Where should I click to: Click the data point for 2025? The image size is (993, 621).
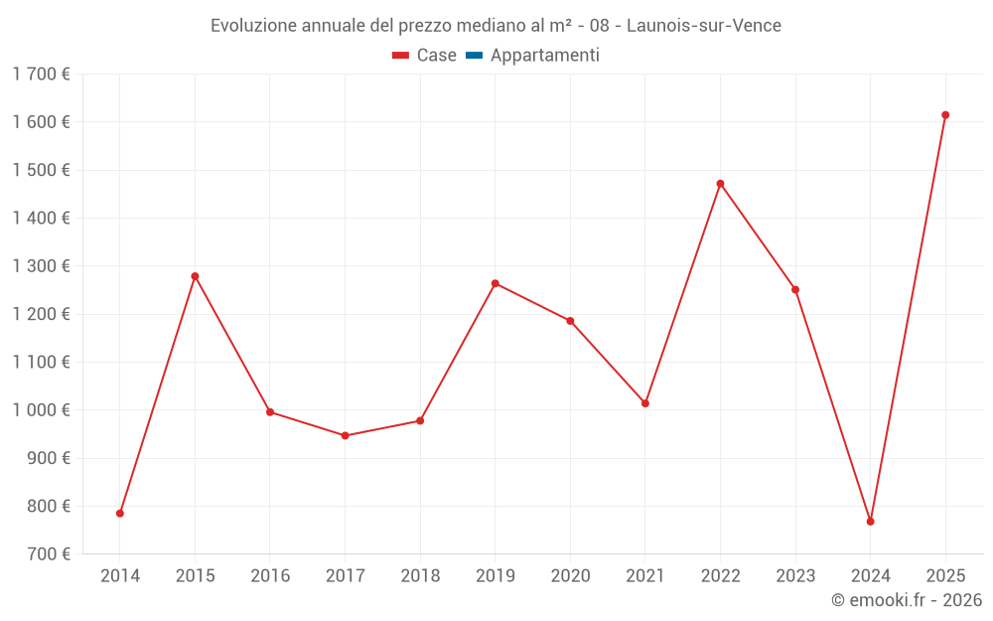pyautogui.click(x=945, y=115)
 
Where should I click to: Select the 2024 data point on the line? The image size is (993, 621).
pyautogui.click(x=871, y=522)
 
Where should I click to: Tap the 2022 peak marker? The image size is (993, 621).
pyautogui.click(x=720, y=184)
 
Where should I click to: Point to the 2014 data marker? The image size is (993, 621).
pyautogui.click(x=120, y=514)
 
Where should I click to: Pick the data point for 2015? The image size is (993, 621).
pyautogui.click(x=195, y=276)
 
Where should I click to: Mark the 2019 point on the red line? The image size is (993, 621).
pyautogui.click(x=496, y=283)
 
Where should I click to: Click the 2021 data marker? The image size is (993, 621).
pyautogui.click(x=645, y=403)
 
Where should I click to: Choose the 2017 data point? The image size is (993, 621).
pyautogui.click(x=345, y=435)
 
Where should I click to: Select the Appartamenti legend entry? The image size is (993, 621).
pyautogui.click(x=544, y=56)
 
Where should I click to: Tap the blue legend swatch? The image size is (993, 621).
pyautogui.click(x=474, y=56)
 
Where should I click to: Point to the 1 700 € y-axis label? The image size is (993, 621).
pyautogui.click(x=42, y=74)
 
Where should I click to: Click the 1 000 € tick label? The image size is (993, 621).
pyautogui.click(x=42, y=410)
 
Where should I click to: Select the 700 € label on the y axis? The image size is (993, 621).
pyautogui.click(x=51, y=554)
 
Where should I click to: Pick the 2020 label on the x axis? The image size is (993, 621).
pyautogui.click(x=570, y=576)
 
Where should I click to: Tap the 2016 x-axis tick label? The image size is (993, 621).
pyautogui.click(x=270, y=576)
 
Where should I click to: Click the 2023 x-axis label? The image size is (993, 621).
pyautogui.click(x=795, y=576)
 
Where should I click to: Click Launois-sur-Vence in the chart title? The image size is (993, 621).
pyautogui.click(x=704, y=26)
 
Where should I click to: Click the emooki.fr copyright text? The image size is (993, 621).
pyautogui.click(x=907, y=600)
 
